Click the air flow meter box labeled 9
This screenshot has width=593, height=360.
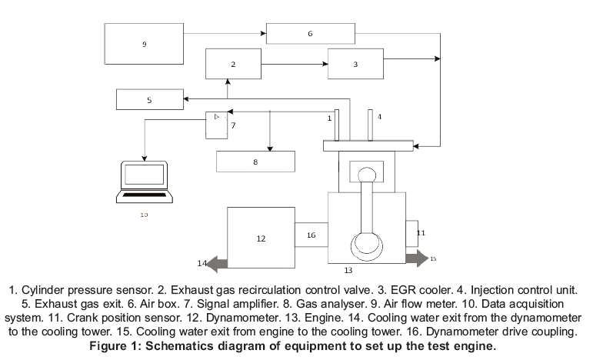pyautogui.click(x=144, y=44)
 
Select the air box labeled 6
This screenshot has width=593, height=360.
pyautogui.click(x=310, y=34)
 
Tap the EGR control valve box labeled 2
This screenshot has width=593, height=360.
pyautogui.click(x=233, y=64)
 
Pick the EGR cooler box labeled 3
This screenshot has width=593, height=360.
pyautogui.click(x=355, y=64)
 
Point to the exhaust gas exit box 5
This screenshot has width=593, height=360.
pyautogui.click(x=149, y=99)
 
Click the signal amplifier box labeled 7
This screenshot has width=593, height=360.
pyautogui.click(x=216, y=125)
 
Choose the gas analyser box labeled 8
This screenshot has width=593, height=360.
pyautogui.click(x=255, y=162)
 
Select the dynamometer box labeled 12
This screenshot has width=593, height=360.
pyautogui.click(x=261, y=238)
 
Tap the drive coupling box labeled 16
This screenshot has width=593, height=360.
pyautogui.click(x=311, y=235)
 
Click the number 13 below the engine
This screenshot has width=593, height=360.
pyautogui.click(x=348, y=270)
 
